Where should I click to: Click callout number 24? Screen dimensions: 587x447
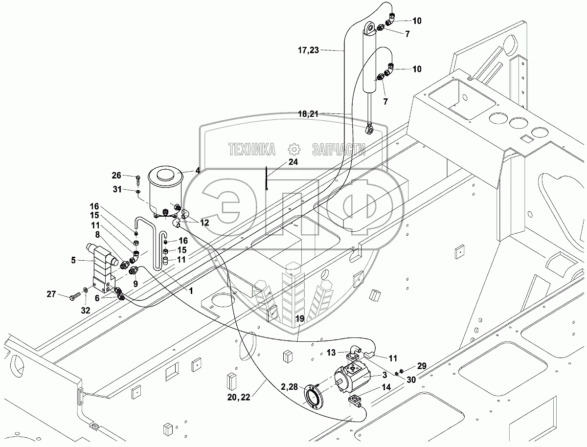293,162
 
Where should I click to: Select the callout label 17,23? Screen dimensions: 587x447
309,50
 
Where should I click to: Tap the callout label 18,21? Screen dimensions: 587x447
308,114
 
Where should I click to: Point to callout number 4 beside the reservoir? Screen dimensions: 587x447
197,170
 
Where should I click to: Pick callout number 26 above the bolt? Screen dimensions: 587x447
116,176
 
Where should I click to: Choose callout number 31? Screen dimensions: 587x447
117,189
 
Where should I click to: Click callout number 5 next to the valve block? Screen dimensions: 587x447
73,260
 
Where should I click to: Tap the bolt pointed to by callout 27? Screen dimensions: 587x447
75,296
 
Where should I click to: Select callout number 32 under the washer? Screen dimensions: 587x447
86,311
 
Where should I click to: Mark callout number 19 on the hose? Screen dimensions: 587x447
300,319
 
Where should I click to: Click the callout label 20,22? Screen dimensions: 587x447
239,397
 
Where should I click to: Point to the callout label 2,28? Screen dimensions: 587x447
290,387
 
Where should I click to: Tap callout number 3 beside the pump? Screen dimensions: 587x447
384,375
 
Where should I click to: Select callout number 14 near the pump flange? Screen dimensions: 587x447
386,387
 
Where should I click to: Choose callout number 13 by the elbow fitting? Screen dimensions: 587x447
331,353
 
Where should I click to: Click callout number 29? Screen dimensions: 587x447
422,366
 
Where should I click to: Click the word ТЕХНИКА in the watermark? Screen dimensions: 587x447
251,149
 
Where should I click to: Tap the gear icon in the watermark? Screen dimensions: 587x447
294,149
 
